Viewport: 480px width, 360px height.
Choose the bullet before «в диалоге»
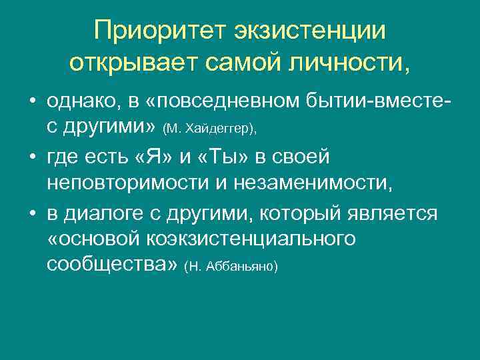click(x=31, y=214)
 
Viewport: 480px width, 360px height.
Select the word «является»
click(x=396, y=214)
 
